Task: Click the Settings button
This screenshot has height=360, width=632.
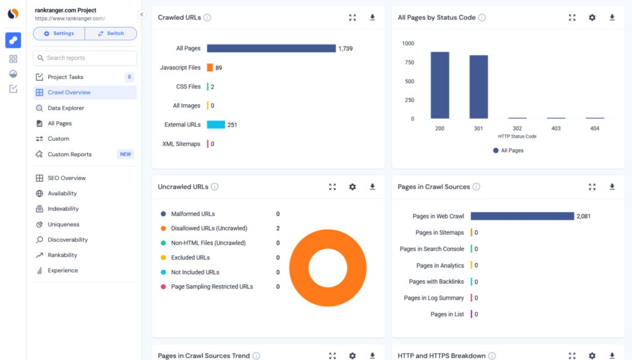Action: (59, 33)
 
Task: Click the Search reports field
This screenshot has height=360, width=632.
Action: (85, 58)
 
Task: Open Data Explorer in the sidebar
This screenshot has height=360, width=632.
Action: (66, 108)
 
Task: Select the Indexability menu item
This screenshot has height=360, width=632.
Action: (63, 209)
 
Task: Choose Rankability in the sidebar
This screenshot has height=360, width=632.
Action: (62, 255)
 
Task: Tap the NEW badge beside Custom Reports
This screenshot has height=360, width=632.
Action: (125, 154)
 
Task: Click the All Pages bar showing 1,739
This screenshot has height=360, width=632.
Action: (271, 48)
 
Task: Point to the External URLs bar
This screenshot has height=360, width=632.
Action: (216, 125)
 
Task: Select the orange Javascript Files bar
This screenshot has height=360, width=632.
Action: (210, 68)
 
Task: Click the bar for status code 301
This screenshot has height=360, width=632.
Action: (478, 86)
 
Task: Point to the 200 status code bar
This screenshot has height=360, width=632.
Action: (439, 85)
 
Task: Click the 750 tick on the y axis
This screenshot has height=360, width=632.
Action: (409, 62)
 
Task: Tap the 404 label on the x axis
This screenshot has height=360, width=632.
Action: (595, 129)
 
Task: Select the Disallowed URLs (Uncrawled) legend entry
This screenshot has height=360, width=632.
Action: (209, 228)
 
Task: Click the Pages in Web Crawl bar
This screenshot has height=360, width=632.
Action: (522, 216)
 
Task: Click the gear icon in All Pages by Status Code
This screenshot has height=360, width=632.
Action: (592, 17)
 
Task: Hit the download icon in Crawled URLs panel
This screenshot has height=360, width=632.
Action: (372, 17)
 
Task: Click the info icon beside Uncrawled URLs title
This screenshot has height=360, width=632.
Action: (214, 186)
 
